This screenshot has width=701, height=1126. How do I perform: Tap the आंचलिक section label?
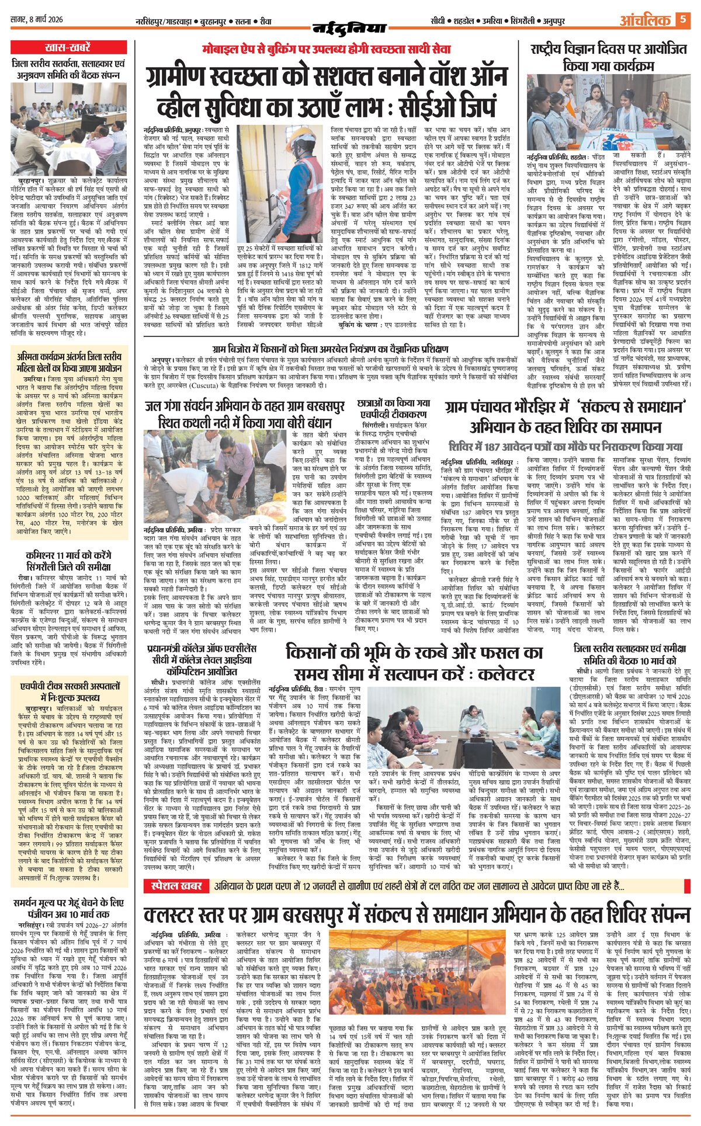pos(645,21)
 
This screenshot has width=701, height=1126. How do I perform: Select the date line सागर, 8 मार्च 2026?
pos(36,20)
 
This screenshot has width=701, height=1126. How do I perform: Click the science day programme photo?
pos(608,112)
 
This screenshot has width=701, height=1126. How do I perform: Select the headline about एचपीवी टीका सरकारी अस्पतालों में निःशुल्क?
pos(68,691)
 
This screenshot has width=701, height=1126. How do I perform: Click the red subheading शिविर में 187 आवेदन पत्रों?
pos(565,447)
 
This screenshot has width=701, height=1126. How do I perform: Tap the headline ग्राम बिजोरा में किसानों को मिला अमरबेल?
pos(331,349)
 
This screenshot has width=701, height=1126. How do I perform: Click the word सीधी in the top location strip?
pos(438,21)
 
